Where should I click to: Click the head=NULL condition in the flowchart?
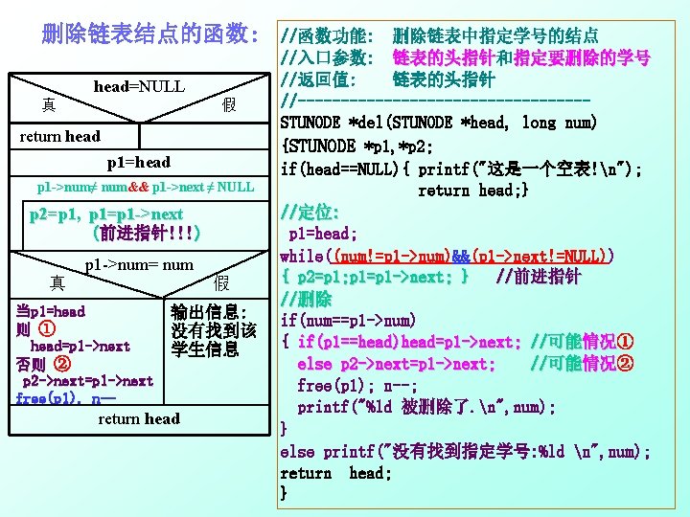139,87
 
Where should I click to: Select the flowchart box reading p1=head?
139,162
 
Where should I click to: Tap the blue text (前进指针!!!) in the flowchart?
143,233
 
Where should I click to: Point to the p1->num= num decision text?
139,264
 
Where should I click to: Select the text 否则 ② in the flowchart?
42,364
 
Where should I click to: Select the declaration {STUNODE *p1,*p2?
359,146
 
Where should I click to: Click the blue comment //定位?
308,212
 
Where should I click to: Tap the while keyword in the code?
302,256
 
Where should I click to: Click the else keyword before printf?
296,451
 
